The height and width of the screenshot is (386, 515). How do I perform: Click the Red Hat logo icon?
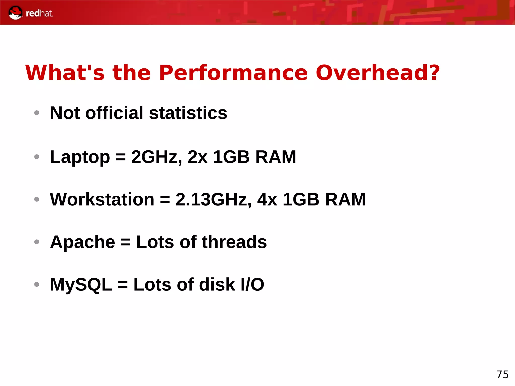[x=15, y=13]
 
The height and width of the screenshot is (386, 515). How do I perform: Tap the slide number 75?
[x=502, y=375]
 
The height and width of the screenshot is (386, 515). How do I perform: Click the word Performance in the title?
[x=233, y=73]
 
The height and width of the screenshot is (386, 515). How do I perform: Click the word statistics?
[x=188, y=113]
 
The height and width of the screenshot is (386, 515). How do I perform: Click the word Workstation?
[x=102, y=199]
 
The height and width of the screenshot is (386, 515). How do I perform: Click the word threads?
[x=234, y=242]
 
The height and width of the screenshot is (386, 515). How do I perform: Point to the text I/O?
[x=252, y=284]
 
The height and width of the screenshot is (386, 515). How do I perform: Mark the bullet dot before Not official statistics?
[x=37, y=113]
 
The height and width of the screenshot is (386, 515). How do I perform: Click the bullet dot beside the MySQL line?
[x=37, y=284]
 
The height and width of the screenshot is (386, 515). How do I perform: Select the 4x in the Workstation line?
[x=267, y=199]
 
